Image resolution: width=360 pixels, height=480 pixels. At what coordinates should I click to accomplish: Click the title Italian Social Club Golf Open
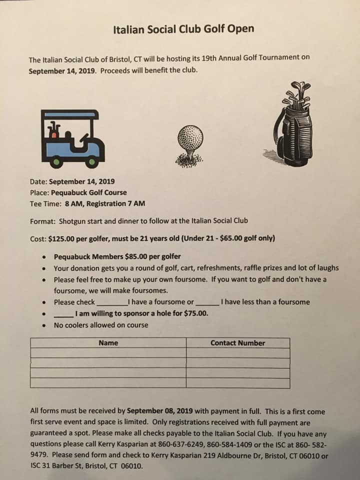click(x=183, y=28)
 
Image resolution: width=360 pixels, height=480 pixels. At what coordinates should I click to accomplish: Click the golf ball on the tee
click(x=190, y=137)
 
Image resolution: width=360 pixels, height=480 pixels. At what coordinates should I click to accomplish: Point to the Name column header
click(x=108, y=343)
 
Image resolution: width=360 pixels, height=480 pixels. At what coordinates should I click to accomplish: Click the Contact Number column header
click(x=237, y=343)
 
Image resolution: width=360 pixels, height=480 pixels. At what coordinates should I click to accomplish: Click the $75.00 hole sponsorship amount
click(x=195, y=313)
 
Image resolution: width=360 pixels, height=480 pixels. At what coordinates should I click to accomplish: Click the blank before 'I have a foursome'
click(x=112, y=303)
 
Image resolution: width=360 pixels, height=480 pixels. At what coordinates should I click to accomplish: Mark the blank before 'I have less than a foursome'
click(x=207, y=303)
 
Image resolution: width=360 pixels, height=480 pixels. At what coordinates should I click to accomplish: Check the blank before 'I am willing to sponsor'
click(x=63, y=314)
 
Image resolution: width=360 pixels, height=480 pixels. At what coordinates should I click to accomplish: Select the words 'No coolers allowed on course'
click(x=101, y=325)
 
